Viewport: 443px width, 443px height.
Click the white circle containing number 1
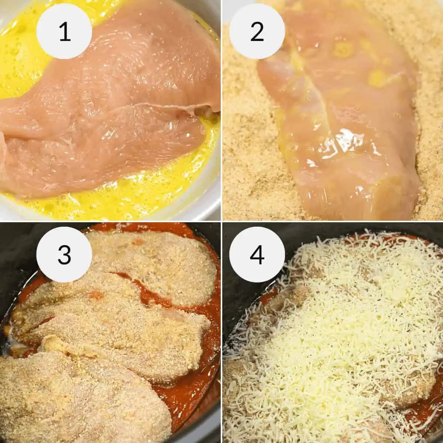(64, 32)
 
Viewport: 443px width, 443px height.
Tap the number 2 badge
(257, 32)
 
